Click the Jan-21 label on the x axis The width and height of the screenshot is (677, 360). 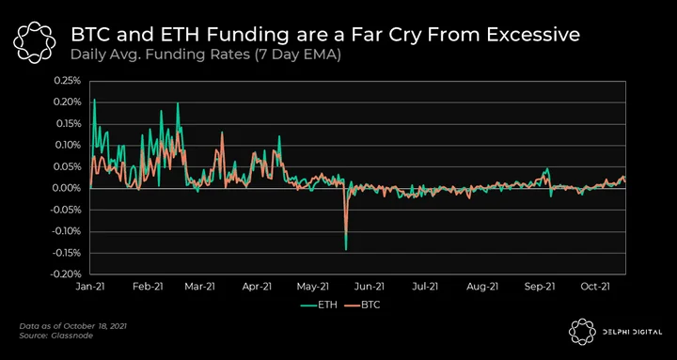(x=90, y=287)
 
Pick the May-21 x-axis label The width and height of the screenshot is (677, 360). (x=312, y=287)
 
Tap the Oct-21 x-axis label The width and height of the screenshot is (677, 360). (x=595, y=287)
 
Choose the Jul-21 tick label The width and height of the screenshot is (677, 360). (x=426, y=287)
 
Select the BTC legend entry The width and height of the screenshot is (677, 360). (x=362, y=305)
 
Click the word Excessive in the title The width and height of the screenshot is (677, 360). (x=533, y=35)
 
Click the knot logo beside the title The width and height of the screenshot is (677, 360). (x=34, y=42)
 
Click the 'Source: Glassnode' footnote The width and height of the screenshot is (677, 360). (x=55, y=336)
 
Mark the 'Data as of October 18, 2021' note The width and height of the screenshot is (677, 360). (x=73, y=326)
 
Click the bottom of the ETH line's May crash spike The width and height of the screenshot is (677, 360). (x=346, y=249)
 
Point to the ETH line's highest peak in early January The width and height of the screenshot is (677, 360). (x=95, y=100)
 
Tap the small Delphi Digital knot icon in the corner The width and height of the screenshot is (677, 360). (x=582, y=332)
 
